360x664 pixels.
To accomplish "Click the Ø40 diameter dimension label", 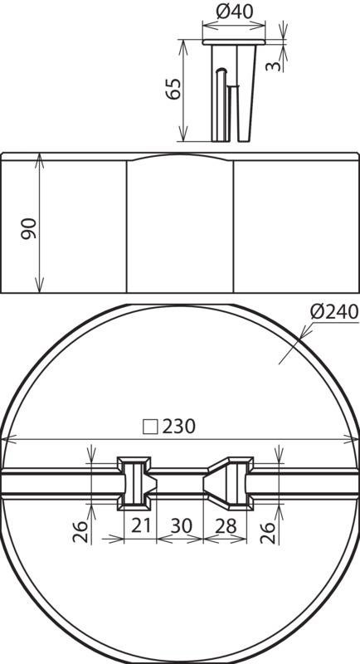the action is (x=235, y=12).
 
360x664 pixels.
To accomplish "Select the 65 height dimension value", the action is (x=173, y=89).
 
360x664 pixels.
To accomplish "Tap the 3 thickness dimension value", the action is (x=274, y=66).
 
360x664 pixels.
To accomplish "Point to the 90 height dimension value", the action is (x=30, y=229).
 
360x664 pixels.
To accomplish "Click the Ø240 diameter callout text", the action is (x=334, y=312).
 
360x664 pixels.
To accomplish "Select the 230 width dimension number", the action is (x=179, y=427).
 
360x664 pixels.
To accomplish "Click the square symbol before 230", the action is (x=150, y=427).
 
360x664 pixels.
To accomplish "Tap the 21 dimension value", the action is (x=141, y=526).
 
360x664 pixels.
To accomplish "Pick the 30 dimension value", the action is (x=181, y=526).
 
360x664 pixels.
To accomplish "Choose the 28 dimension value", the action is (x=226, y=526).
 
